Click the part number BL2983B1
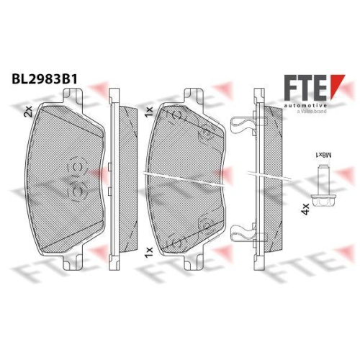(x=45, y=79)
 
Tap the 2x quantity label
(x=28, y=112)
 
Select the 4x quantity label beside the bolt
(x=305, y=209)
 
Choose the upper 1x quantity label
(x=149, y=112)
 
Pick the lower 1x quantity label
(x=149, y=253)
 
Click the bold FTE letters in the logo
(x=305, y=88)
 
